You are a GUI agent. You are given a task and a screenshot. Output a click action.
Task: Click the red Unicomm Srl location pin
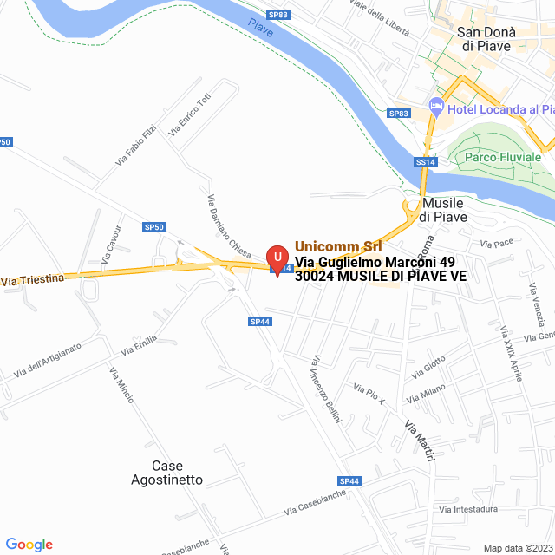click(x=277, y=258)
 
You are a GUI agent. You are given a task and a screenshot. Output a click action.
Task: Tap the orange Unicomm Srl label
click(x=338, y=246)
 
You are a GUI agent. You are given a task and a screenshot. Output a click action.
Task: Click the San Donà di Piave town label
click(x=486, y=39)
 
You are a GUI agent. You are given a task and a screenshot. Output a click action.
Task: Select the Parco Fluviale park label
click(x=503, y=157)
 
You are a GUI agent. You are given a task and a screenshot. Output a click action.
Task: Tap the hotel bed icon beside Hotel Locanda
click(x=436, y=108)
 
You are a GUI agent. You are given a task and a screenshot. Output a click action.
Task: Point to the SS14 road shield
click(x=424, y=161)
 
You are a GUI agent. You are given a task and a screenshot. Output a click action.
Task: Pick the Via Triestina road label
click(x=32, y=280)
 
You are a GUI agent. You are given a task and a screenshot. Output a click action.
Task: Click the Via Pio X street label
click(x=369, y=393)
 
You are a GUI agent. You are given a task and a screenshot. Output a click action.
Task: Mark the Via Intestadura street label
click(x=468, y=509)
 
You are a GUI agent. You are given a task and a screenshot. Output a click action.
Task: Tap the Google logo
click(x=29, y=545)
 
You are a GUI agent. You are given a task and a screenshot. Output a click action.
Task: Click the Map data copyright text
click(x=518, y=548)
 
